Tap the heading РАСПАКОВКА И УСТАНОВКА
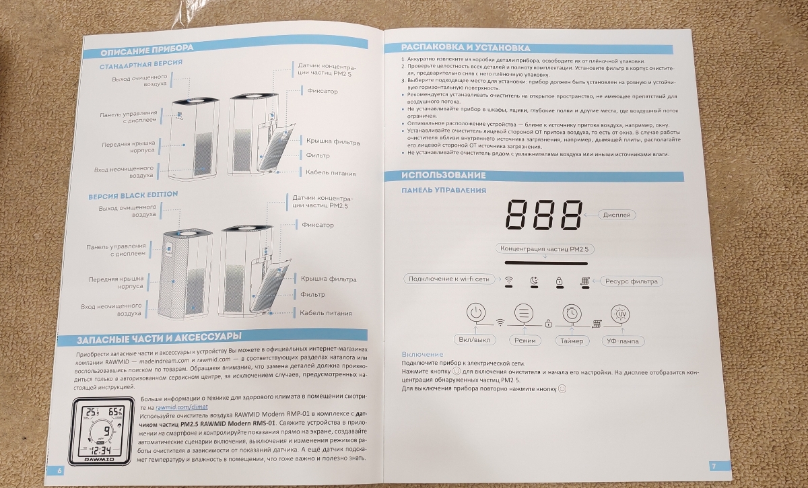click(466, 48)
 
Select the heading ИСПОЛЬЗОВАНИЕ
click(444, 175)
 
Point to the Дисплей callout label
click(617, 215)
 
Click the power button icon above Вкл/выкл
click(476, 312)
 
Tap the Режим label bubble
click(525, 341)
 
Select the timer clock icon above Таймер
click(572, 314)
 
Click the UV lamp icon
click(620, 314)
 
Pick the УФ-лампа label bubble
click(623, 341)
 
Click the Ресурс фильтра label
click(632, 281)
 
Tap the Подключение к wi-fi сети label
click(448, 279)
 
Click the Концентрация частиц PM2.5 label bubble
click(544, 249)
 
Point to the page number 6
click(59, 470)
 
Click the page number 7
click(713, 466)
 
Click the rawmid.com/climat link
click(181, 407)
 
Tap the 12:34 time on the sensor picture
click(102, 450)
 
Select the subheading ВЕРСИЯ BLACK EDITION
click(133, 195)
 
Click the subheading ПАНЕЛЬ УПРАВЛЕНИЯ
click(444, 190)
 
